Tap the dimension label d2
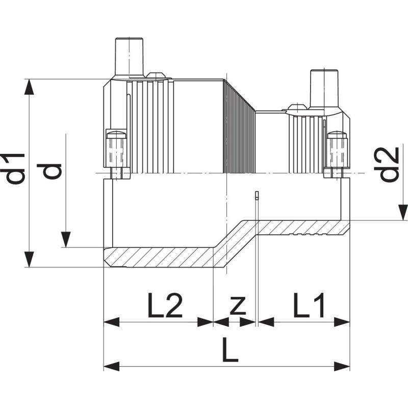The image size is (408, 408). click(x=390, y=165)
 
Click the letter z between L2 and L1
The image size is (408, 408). click(x=238, y=306)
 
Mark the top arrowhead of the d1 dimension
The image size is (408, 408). click(x=30, y=87)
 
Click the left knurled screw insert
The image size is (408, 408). click(x=116, y=151)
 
